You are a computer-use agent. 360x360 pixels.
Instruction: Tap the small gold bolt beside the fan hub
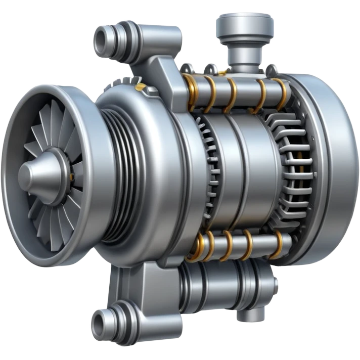pos(71,176)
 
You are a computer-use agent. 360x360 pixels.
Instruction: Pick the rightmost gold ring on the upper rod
pos(279,91)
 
